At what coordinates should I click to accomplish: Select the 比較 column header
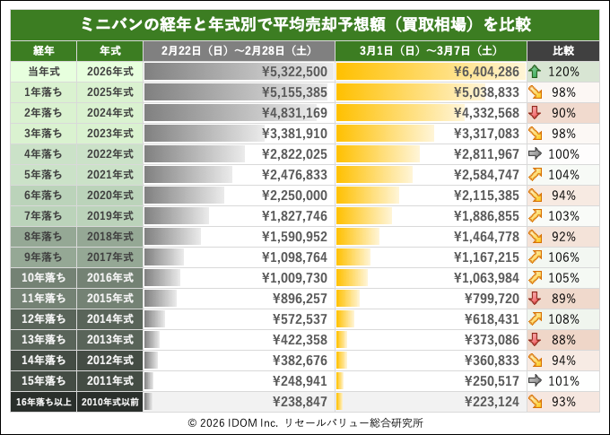tap(563, 50)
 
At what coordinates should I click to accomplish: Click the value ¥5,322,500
tap(294, 71)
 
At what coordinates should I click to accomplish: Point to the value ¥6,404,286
tap(486, 71)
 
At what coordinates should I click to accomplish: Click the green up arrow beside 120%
tap(535, 71)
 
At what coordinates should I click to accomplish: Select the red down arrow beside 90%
tap(535, 112)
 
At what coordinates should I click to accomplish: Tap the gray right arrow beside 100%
tap(535, 153)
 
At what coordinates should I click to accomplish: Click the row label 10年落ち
tap(43, 277)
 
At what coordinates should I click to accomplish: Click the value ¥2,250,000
tap(294, 195)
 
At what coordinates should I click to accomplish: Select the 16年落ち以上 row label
tap(43, 401)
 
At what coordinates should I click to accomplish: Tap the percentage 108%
tap(563, 318)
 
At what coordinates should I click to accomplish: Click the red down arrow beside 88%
tap(535, 339)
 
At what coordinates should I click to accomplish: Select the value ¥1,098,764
tap(294, 257)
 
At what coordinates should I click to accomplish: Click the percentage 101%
tap(563, 380)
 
